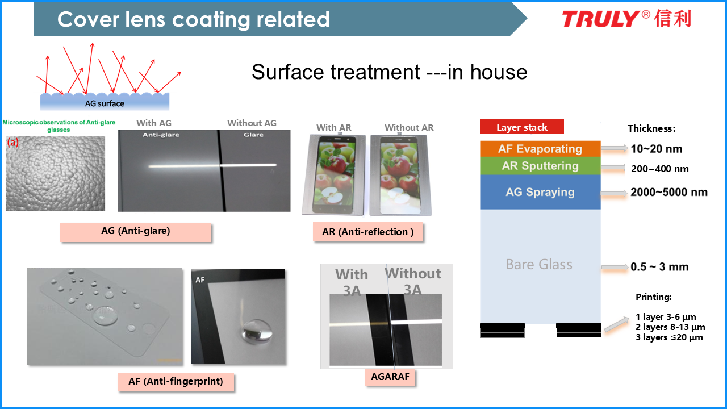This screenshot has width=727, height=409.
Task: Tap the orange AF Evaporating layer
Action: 540,149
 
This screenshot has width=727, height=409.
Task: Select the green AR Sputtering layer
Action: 540,166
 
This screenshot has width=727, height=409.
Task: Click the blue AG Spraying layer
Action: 540,192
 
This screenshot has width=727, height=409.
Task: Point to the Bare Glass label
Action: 539,265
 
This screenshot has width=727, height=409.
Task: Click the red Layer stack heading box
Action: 522,127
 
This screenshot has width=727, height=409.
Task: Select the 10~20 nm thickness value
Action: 656,149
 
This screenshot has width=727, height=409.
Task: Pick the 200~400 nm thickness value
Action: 660,169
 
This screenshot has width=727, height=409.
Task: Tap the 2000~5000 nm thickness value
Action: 669,192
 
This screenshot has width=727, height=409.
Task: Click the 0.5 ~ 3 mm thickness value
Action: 659,267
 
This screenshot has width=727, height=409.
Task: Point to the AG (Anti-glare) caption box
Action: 136,232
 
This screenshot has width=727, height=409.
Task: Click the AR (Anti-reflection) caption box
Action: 368,232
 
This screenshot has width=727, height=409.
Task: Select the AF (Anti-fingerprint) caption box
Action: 176,382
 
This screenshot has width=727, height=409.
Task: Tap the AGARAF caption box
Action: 390,377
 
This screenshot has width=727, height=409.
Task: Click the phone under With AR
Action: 333,174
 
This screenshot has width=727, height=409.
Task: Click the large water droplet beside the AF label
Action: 256,331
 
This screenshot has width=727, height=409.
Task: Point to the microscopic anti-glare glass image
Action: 55,174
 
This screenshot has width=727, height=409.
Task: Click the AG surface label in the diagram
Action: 105,103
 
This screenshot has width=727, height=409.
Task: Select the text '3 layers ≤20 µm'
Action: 669,337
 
